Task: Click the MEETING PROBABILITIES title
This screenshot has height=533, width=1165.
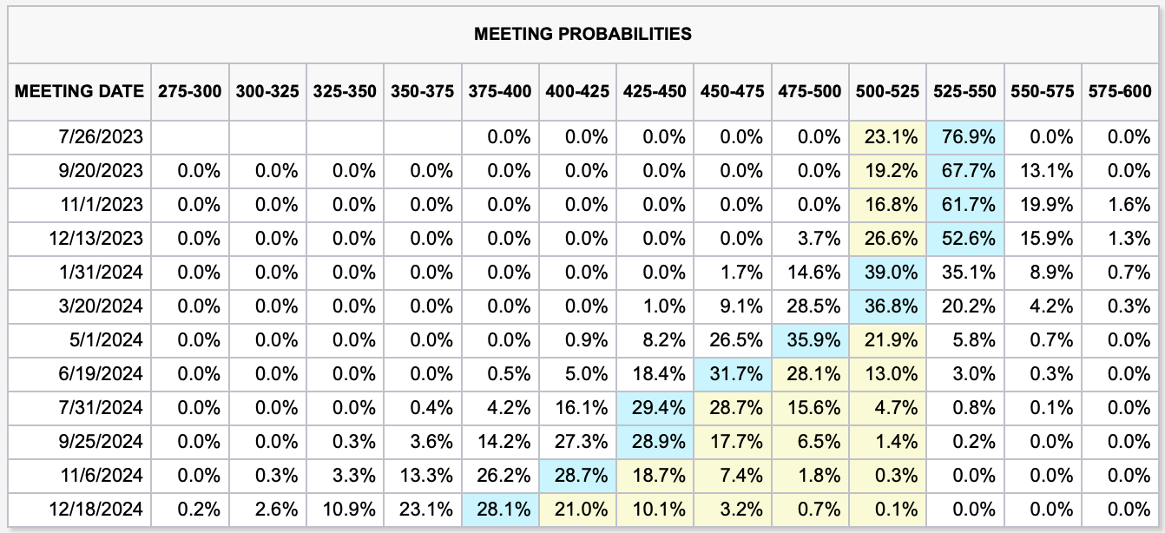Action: [582, 34]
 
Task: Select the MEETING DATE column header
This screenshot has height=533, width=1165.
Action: [80, 90]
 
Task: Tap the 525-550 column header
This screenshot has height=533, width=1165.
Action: [964, 90]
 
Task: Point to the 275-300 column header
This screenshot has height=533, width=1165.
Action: [189, 90]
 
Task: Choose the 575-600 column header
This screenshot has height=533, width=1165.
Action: [1117, 90]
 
